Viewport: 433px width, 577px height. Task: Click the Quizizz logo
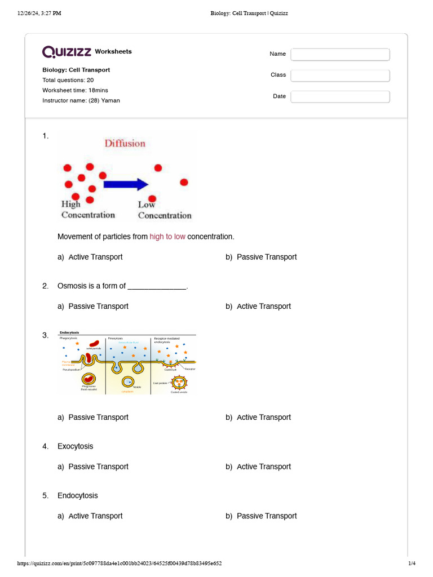point(67,52)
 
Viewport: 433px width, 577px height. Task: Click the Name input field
point(340,54)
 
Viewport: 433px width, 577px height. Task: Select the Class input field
point(340,75)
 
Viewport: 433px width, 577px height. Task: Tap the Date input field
point(340,96)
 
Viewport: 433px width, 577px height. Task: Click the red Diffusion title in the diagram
point(125,143)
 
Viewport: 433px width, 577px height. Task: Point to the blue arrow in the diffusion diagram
point(125,184)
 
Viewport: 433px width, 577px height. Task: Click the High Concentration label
point(87,210)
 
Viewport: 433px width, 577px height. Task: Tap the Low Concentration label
point(164,210)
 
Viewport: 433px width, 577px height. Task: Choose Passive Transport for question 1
point(266,257)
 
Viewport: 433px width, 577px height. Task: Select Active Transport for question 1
point(95,257)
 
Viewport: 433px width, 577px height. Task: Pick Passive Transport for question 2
point(98,307)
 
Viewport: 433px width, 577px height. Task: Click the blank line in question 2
point(157,287)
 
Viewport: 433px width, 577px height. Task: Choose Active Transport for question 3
point(263,418)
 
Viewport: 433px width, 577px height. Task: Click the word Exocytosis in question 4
point(76,446)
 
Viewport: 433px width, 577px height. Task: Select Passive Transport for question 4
point(98,467)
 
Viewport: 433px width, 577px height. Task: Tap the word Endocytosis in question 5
point(77,496)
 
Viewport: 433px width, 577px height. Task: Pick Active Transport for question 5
point(95,516)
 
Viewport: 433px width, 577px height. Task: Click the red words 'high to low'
point(167,237)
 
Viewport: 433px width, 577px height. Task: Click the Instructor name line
point(81,100)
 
